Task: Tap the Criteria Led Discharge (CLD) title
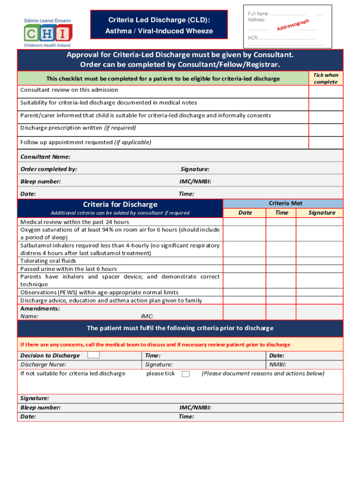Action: (159, 20)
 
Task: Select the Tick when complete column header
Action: (325, 78)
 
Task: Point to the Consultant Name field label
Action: (45, 157)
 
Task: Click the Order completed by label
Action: (49, 169)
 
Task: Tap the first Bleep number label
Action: (41, 181)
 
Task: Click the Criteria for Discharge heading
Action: (120, 204)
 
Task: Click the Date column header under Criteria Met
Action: (245, 212)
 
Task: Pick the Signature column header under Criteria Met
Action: (322, 212)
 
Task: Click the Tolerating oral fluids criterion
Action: (48, 261)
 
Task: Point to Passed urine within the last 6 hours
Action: (69, 269)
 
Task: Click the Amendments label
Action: (40, 309)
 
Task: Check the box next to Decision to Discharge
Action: (94, 355)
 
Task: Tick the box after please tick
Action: (186, 374)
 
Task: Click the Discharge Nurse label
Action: (43, 364)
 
